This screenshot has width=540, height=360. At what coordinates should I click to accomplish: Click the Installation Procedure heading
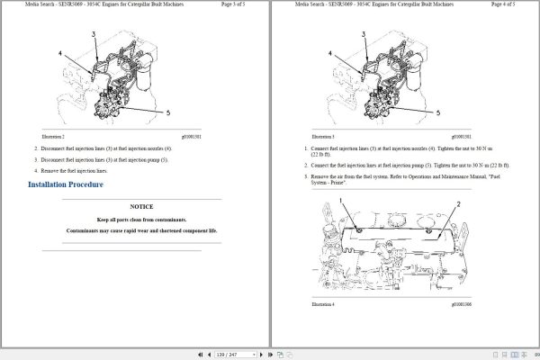(x=66, y=184)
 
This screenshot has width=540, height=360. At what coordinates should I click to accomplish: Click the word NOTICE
(x=141, y=207)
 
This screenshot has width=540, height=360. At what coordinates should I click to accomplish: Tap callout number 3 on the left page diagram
(x=93, y=33)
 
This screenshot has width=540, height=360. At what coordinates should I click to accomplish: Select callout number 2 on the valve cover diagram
(x=459, y=205)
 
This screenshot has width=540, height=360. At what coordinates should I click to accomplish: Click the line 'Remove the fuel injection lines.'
(x=76, y=170)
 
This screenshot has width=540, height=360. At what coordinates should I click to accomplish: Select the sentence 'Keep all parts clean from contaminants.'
(x=141, y=220)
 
